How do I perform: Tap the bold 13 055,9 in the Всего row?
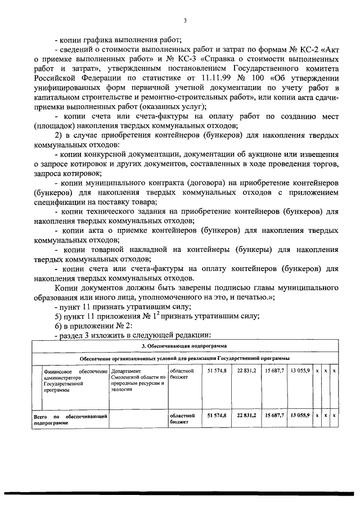click(299, 415)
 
